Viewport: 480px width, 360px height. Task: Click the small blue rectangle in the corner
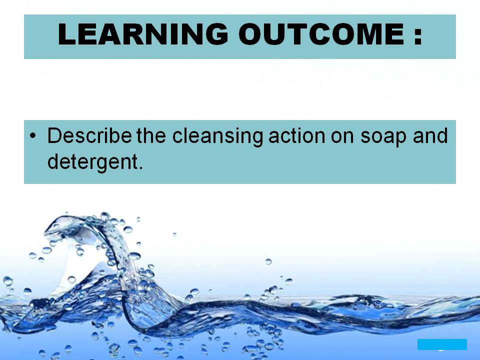[442, 344]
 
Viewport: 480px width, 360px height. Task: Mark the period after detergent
[141, 167]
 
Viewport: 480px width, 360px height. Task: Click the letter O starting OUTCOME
[252, 35]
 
